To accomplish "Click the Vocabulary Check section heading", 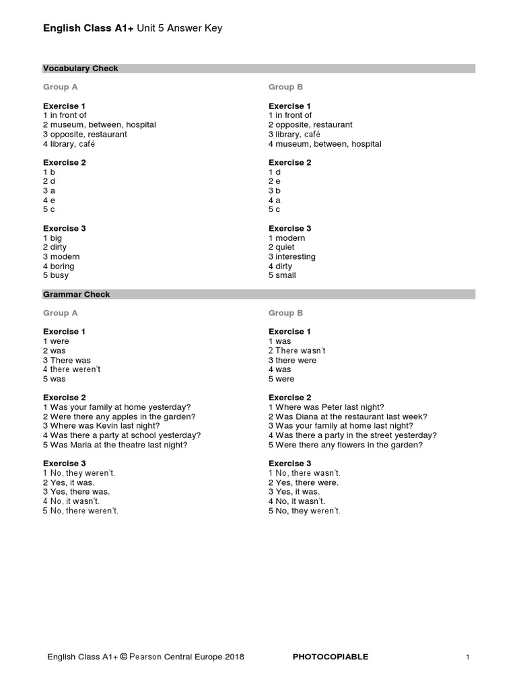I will click(x=81, y=69).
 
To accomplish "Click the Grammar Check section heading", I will click(x=77, y=295).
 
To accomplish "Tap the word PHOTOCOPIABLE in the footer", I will click(x=331, y=657).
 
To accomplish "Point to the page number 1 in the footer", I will click(x=467, y=657).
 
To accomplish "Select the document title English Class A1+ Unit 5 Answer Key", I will click(x=133, y=28).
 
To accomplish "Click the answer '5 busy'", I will click(x=56, y=275).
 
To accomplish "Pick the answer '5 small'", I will click(x=282, y=275).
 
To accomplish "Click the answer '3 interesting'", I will click(x=291, y=256).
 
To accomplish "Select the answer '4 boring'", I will click(x=59, y=266).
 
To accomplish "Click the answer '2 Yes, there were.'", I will click(x=304, y=482).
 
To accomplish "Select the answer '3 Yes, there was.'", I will click(x=76, y=492).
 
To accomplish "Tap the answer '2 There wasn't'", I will click(x=297, y=351).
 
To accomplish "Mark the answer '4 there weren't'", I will click(x=72, y=369).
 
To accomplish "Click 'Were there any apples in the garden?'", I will click(x=119, y=416).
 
